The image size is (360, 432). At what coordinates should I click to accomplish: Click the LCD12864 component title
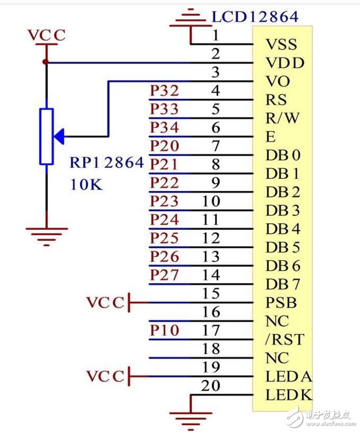(255, 17)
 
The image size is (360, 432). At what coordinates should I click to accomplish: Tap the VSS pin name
(281, 44)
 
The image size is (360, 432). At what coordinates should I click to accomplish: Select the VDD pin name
(285, 63)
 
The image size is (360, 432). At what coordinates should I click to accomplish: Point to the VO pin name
(278, 82)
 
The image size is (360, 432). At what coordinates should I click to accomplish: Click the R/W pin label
(282, 118)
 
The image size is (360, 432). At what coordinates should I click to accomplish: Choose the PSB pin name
(281, 303)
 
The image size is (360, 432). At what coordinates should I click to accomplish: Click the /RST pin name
(285, 339)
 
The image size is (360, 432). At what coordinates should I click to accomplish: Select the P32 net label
(164, 91)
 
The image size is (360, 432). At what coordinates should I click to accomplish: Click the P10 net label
(164, 331)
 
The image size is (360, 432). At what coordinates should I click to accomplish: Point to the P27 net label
(164, 275)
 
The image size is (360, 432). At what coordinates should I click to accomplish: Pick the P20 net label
(164, 146)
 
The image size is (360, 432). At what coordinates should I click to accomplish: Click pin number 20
(211, 386)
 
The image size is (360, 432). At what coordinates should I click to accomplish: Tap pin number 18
(211, 349)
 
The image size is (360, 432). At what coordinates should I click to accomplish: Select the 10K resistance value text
(86, 184)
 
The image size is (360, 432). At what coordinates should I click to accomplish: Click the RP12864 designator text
(107, 164)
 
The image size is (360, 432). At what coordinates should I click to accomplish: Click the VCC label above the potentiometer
(46, 36)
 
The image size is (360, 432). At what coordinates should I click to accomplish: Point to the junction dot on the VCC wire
(46, 62)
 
